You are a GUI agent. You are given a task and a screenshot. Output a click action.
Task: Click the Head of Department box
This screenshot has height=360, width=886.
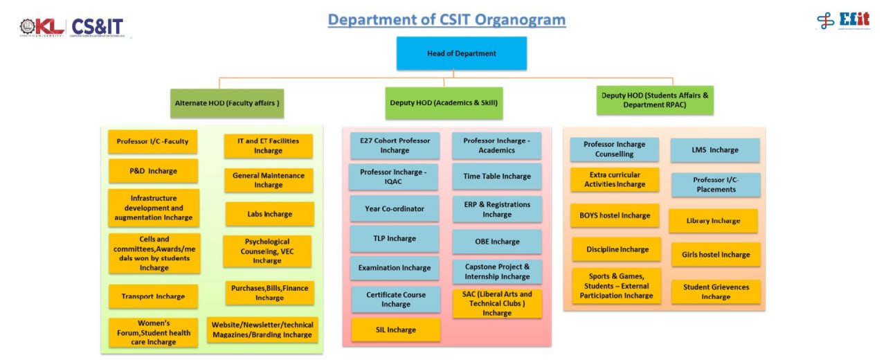coord(461,53)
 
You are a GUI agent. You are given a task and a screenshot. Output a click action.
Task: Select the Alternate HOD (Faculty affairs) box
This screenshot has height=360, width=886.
coord(227,103)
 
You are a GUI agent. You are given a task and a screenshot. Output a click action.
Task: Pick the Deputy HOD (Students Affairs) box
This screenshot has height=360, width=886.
coord(654,100)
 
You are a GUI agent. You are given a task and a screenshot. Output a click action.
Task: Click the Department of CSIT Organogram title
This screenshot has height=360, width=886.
coord(446,19)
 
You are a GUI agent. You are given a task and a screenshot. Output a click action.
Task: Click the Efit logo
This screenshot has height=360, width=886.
coord(843,20)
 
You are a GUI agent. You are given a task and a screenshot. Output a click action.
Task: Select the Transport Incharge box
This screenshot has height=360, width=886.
coord(153,296)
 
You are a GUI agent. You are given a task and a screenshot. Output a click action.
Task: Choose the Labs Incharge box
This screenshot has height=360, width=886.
coord(269,214)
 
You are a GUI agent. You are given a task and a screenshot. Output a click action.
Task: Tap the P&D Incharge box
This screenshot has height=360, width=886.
coord(153,171)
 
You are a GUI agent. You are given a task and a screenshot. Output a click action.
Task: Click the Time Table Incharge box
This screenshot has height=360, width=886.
coord(497,177)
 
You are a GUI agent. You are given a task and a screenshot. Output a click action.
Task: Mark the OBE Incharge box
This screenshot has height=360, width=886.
coord(497,242)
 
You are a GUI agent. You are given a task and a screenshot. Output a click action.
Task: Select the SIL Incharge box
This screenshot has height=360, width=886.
coord(396,330)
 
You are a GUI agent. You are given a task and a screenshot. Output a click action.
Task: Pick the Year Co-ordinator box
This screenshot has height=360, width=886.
coord(394,208)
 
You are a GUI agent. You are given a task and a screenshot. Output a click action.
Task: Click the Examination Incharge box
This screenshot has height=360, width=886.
coord(394,268)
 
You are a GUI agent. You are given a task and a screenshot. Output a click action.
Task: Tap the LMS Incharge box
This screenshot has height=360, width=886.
coord(714,150)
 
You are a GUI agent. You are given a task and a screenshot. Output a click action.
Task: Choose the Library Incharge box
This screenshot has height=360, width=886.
coord(713,221)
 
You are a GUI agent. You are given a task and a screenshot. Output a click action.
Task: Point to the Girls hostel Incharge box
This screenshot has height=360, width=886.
coord(716,254)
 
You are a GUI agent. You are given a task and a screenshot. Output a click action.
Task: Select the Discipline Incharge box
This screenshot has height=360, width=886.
coord(617,249)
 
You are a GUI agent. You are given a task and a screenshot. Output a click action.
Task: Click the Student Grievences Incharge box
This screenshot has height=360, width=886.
coord(716,291)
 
